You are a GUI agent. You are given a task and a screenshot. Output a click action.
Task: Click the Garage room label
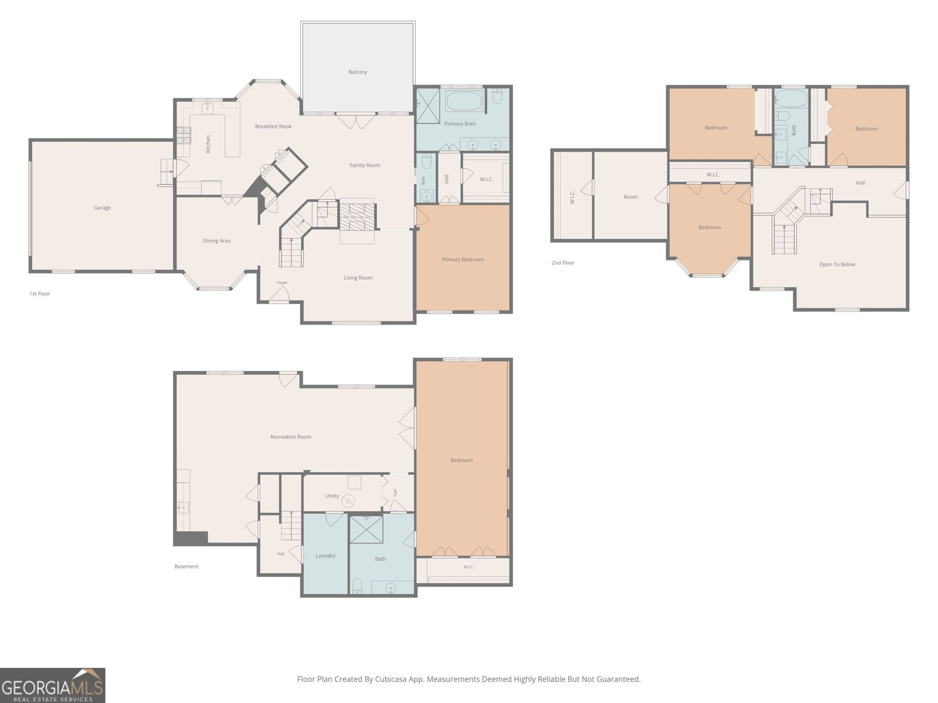pyautogui.click(x=102, y=208)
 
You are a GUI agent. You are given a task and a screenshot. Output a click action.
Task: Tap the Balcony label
pyautogui.click(x=358, y=72)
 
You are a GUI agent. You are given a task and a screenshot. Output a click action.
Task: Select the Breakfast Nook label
pyautogui.click(x=274, y=127)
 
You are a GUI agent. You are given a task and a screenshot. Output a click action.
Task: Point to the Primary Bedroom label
pyautogui.click(x=463, y=260)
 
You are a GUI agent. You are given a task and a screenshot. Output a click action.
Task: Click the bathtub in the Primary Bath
pyautogui.click(x=464, y=101)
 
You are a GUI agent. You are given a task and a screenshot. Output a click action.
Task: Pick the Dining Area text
pyautogui.click(x=217, y=241)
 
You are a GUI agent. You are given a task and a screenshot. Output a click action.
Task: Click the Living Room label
pyautogui.click(x=358, y=278)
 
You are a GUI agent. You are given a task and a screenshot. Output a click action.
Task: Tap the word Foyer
pyautogui.click(x=282, y=282)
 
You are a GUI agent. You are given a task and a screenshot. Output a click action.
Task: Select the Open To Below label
pyautogui.click(x=837, y=265)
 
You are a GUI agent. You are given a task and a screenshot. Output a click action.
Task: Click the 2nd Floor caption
pyautogui.click(x=563, y=263)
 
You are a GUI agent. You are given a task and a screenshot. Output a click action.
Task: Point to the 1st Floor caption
pyautogui.click(x=40, y=294)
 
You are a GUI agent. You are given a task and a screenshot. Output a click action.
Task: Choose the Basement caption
pyautogui.click(x=186, y=567)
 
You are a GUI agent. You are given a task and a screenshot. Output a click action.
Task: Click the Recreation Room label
pyautogui.click(x=291, y=436)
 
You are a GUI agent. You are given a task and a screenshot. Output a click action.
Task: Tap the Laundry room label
pyautogui.click(x=325, y=556)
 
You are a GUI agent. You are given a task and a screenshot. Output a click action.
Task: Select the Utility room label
pyautogui.click(x=332, y=496)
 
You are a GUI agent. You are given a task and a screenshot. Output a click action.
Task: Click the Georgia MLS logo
pyautogui.click(x=53, y=685)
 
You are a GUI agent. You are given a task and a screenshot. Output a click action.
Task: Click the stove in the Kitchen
pyautogui.click(x=183, y=135)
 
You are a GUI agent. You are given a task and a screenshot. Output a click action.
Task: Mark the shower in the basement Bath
pyautogui.click(x=366, y=529)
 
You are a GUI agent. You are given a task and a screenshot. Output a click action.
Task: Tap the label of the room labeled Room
pyautogui.click(x=630, y=197)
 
